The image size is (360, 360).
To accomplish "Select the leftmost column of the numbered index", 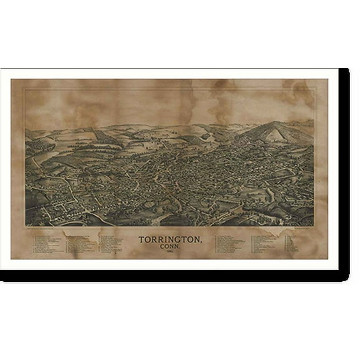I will (47, 244).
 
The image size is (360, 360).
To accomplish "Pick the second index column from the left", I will (81, 244).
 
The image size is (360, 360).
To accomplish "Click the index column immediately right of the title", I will (231, 243).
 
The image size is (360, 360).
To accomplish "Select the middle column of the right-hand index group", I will (267, 243).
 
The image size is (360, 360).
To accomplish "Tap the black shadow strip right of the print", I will (344, 169).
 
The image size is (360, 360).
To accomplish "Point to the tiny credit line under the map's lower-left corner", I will (47, 229).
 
